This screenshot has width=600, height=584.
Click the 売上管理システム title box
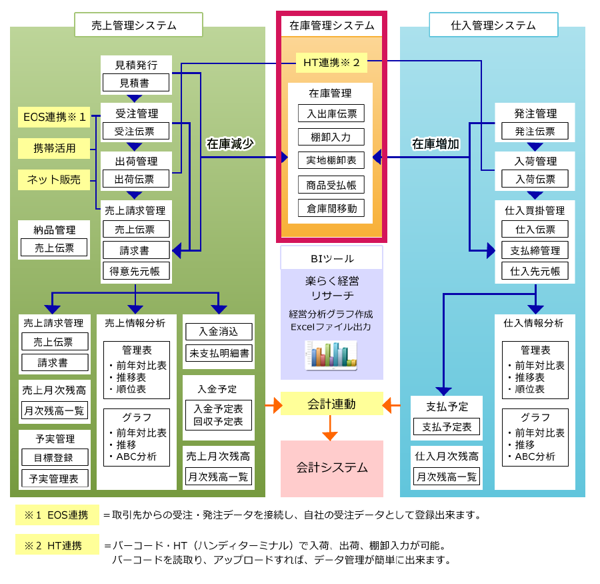[138, 25]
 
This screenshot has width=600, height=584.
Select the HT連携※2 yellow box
[331, 63]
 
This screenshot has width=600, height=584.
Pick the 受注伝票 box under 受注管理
[136, 131]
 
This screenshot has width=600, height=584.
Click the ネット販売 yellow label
[54, 179]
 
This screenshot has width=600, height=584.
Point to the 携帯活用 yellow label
[54, 148]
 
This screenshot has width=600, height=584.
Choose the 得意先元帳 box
[136, 270]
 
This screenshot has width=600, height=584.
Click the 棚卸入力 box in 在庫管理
[331, 137]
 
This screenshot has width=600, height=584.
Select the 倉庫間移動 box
[331, 208]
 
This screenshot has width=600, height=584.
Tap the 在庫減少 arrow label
[229, 143]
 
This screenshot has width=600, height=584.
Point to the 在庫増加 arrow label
[435, 143]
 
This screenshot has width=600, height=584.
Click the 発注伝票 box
[535, 131]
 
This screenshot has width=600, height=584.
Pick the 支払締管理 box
[535, 250]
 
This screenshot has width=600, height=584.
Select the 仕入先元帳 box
[535, 271]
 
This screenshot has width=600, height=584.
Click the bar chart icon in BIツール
[331, 355]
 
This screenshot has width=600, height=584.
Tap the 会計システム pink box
[331, 468]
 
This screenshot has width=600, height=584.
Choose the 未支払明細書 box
[219, 353]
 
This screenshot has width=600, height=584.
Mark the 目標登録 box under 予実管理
[55, 457]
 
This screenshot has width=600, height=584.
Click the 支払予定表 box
[446, 426]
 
